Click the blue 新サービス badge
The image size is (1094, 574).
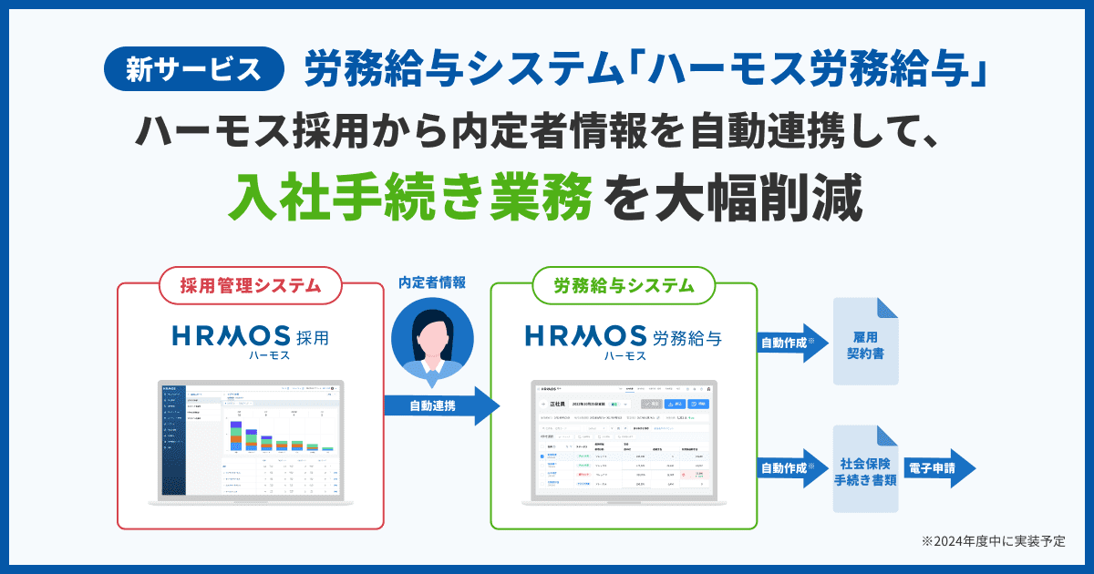[195, 70]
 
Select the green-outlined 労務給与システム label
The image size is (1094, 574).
[624, 285]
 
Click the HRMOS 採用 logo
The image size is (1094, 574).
[250, 338]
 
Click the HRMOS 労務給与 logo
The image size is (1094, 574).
[624, 338]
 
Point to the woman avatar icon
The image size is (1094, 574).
[432, 340]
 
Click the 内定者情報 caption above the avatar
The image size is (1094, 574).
[432, 282]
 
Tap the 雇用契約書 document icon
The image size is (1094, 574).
[866, 342]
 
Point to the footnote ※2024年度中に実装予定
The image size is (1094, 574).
[993, 541]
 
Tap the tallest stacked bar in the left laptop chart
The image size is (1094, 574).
[235, 436]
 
